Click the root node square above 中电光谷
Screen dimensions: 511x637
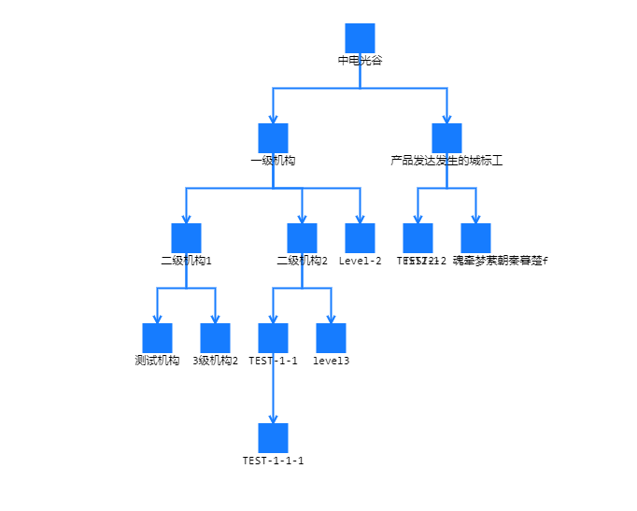coord(360,38)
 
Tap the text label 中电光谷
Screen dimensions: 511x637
coord(360,60)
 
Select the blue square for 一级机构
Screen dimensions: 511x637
coord(273,138)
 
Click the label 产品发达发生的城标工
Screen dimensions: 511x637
coord(446,161)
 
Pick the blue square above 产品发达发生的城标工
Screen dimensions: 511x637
coord(446,138)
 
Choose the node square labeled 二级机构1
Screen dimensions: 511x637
coord(186,238)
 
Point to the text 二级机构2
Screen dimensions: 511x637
coord(302,261)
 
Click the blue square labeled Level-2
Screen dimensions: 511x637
coord(360,238)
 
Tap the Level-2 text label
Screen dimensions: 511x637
coord(360,261)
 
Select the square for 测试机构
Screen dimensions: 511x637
coord(157,338)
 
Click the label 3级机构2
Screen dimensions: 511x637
coord(215,361)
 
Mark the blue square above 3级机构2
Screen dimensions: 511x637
coord(215,338)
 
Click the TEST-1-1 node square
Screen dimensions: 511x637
coord(273,338)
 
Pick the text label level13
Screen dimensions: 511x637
coord(331,361)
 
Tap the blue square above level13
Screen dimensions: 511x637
coord(331,338)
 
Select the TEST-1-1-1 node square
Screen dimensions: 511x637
coord(273,438)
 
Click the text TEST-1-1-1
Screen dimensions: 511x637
coord(273,461)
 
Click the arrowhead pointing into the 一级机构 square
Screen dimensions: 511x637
coord(273,119)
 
